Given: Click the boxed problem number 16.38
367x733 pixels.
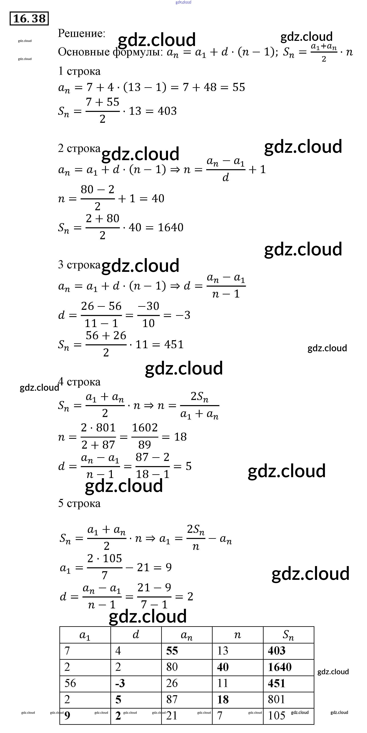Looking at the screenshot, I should [x=29, y=19].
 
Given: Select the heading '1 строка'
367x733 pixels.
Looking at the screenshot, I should [x=79, y=71].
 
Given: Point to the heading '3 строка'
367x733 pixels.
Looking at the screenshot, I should [x=79, y=265].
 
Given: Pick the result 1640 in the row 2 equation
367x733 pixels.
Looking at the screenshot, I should [x=170, y=227].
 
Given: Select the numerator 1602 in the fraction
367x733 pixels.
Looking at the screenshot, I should [x=145, y=428].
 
